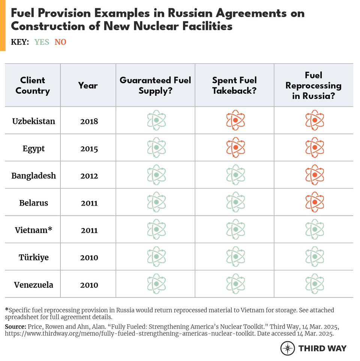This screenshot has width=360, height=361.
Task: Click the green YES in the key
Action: tap(42, 42)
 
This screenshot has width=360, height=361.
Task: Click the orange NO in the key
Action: tap(60, 42)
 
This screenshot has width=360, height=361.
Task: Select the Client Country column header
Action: tap(33, 86)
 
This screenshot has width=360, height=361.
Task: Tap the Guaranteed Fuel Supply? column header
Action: tap(155, 86)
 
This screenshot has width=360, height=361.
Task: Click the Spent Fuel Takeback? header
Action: tap(234, 86)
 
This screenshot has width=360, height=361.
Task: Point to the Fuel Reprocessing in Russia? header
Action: tap(313, 86)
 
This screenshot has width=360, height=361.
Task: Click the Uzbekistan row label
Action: tap(33, 121)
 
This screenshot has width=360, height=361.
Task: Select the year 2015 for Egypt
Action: tap(89, 149)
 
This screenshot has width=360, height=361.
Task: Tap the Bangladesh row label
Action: tap(33, 176)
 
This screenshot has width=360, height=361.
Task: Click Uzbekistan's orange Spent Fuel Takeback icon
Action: tap(235, 120)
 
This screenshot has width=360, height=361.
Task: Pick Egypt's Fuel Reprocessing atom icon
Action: tap(315, 147)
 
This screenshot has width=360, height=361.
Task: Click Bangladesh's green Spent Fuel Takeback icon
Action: tap(235, 175)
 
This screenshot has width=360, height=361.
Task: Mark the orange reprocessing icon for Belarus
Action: tap(315, 202)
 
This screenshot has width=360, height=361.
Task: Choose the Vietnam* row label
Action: tap(33, 230)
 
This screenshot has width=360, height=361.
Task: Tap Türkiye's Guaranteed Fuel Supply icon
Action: tap(156, 257)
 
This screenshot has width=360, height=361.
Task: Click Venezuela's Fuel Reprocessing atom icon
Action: tap(315, 284)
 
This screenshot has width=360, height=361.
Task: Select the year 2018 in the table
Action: tap(89, 121)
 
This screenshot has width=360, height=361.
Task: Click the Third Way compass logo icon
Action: tap(288, 348)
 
